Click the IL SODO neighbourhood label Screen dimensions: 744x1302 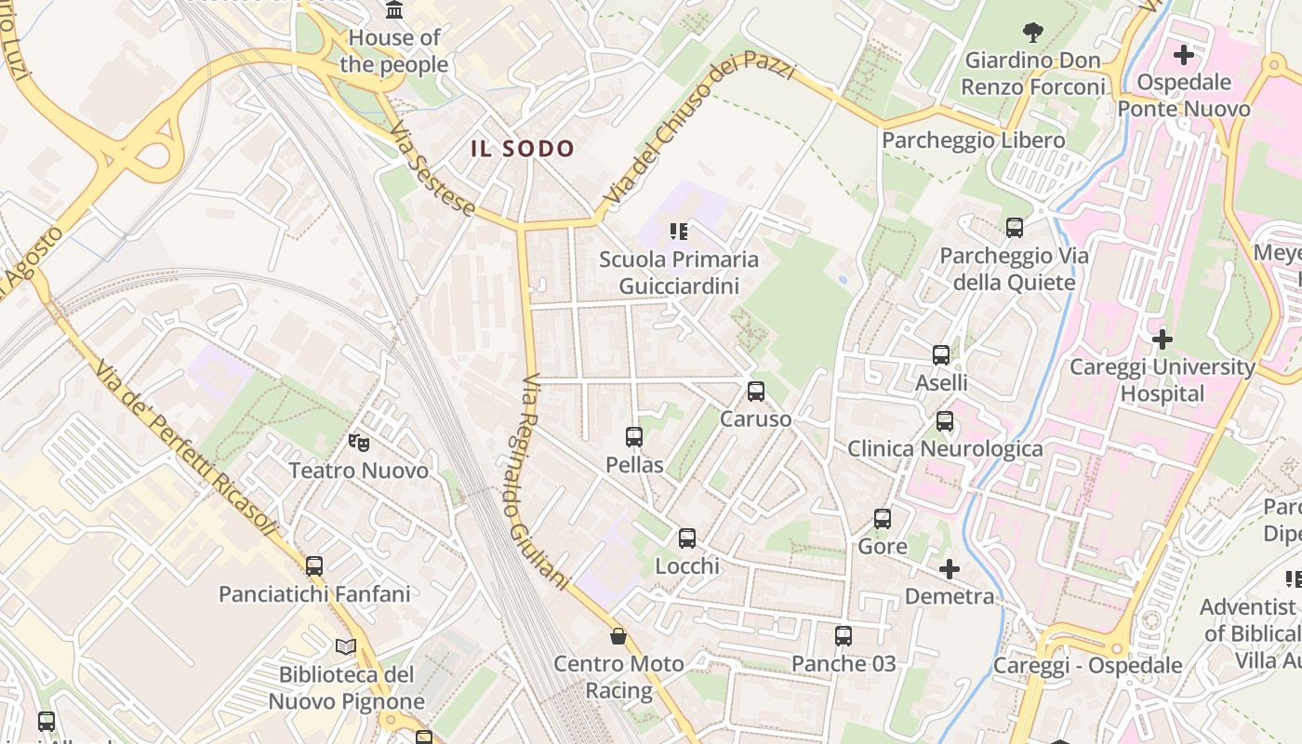[523, 149]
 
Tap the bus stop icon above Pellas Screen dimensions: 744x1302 [634, 436]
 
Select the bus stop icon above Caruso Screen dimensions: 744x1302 [756, 391]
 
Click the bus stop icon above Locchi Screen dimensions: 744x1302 [687, 538]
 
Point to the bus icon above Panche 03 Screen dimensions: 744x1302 [844, 635]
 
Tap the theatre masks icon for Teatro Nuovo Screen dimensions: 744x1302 [359, 442]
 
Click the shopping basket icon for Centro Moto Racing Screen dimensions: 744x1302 [618, 636]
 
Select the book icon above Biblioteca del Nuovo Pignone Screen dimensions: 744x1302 [346, 646]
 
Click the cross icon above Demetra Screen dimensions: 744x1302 [950, 568]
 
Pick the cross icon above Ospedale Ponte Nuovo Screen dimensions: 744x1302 [1184, 55]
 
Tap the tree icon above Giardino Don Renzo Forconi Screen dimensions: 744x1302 [1032, 33]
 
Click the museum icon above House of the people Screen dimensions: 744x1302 [394, 10]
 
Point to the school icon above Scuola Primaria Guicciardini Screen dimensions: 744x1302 [679, 231]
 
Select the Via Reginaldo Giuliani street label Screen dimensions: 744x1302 [544, 481]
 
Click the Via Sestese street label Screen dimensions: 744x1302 [432, 168]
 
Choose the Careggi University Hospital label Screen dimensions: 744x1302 [1162, 379]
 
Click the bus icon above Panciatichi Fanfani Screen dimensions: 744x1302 [314, 565]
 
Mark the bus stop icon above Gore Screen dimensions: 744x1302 [883, 518]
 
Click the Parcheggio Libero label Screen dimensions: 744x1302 [973, 140]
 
